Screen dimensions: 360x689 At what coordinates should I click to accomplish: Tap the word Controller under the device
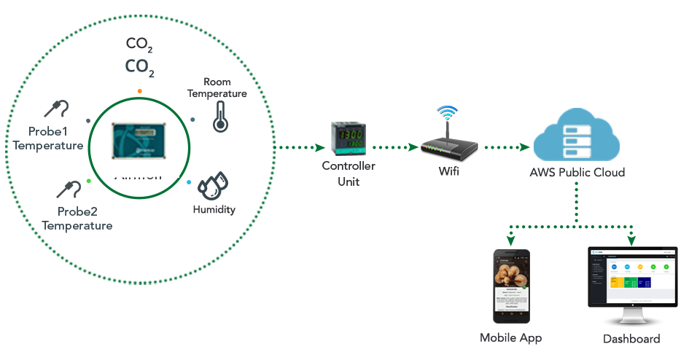click(349, 166)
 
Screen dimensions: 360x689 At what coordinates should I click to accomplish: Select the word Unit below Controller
click(349, 181)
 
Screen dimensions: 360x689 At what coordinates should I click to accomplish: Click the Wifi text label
click(449, 173)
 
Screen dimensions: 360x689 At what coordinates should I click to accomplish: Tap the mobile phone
click(511, 286)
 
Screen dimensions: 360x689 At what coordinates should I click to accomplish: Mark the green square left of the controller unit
click(319, 148)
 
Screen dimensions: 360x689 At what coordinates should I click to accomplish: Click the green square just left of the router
click(413, 148)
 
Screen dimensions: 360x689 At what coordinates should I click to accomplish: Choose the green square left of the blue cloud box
click(524, 148)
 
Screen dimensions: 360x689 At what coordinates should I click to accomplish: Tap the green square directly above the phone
click(510, 240)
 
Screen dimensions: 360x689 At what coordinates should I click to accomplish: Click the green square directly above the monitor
click(631, 240)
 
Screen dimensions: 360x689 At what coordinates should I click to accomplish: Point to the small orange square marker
click(139, 91)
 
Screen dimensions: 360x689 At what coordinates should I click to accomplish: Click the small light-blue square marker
click(189, 182)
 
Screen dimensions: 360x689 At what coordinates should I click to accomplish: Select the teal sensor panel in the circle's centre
click(139, 138)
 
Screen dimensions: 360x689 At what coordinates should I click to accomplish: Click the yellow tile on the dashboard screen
click(616, 282)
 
